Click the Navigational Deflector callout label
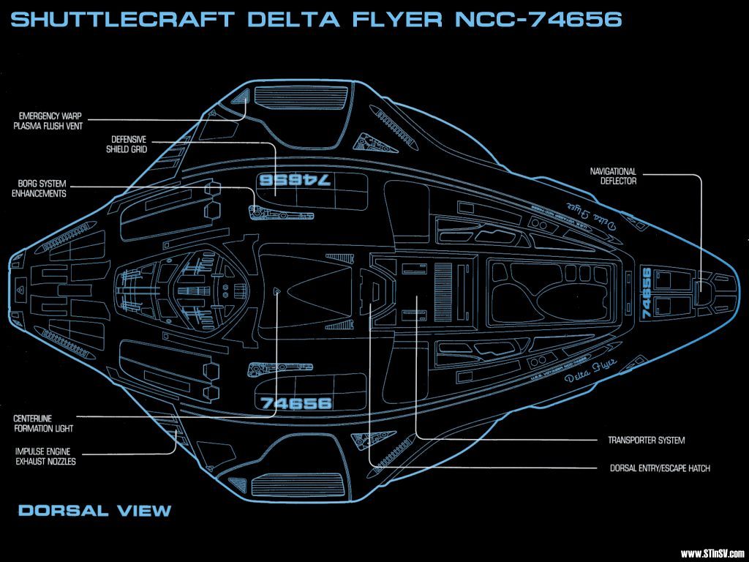(x=613, y=176)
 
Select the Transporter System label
(x=646, y=441)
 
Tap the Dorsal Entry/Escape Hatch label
(x=659, y=468)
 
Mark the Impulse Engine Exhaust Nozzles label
(x=45, y=457)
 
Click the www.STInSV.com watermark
(x=712, y=553)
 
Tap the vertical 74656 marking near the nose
(x=647, y=292)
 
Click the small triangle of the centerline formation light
(x=276, y=291)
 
